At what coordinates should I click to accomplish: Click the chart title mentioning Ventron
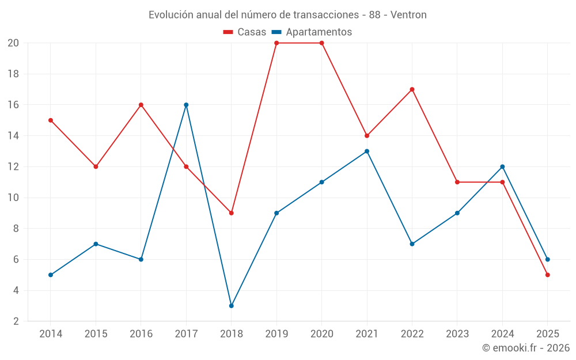(x=287, y=14)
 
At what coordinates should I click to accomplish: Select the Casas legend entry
(x=245, y=32)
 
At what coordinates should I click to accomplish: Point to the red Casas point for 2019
(x=276, y=43)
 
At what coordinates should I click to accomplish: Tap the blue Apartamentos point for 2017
(x=186, y=105)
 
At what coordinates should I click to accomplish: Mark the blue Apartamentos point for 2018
(x=232, y=306)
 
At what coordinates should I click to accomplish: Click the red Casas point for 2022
(x=412, y=89)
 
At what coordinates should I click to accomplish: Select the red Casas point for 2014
(x=51, y=120)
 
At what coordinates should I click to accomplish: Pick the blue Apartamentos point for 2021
(x=367, y=151)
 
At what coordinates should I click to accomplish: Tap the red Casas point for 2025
(x=547, y=275)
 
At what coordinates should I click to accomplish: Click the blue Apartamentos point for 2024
(x=502, y=167)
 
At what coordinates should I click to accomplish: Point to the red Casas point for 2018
(x=232, y=213)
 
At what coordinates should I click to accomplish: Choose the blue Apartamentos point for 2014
(x=51, y=275)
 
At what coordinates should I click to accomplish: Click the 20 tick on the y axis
(x=13, y=43)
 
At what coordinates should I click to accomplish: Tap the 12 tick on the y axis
(x=13, y=167)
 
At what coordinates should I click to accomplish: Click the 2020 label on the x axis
(x=321, y=334)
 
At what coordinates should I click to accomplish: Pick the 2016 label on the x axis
(x=141, y=334)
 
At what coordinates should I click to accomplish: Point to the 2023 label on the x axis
(x=457, y=334)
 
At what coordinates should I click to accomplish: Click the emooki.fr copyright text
(x=525, y=348)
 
